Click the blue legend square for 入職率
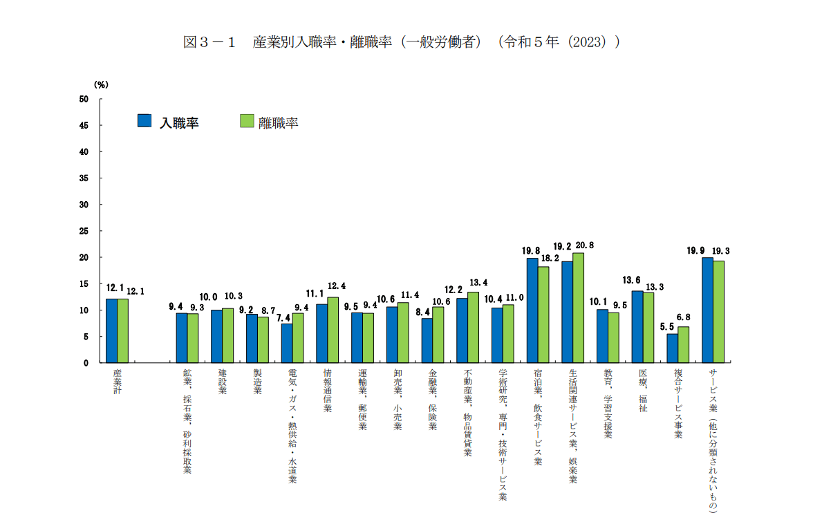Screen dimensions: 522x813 [x=144, y=121]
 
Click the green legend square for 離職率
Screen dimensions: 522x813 [x=246, y=121]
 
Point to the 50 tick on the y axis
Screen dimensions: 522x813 [x=84, y=99]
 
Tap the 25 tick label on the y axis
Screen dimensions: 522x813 [x=84, y=231]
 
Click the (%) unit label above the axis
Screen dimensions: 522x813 [x=101, y=84]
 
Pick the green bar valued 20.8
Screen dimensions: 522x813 [x=578, y=308]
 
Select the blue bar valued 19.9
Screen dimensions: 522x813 [x=707, y=310]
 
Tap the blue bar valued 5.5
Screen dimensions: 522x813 [x=672, y=348]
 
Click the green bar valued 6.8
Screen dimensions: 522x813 [x=683, y=345]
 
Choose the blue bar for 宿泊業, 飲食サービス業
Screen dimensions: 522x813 [x=532, y=310]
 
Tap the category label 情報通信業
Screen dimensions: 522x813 [x=328, y=391]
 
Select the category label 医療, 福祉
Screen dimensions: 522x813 [x=643, y=391]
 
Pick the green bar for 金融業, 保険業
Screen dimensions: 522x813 [x=438, y=335]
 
